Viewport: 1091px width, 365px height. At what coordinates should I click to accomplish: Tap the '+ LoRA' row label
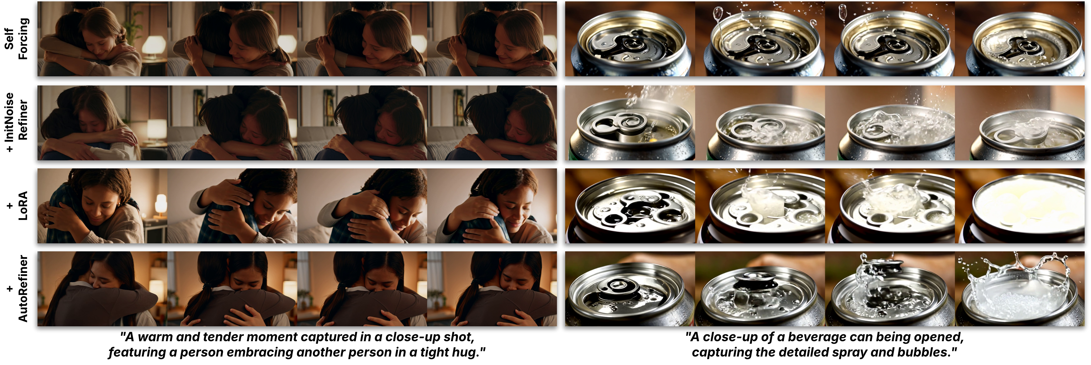17,205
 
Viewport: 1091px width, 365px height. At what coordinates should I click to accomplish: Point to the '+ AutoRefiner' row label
17,288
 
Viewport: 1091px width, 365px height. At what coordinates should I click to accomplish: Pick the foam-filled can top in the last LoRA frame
1025,203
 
